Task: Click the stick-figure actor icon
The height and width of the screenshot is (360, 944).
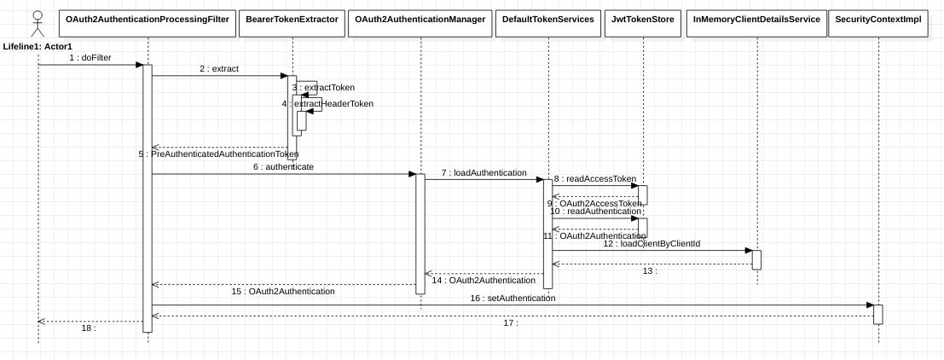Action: coord(37,23)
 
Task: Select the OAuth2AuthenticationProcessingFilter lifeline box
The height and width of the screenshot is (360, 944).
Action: coord(148,19)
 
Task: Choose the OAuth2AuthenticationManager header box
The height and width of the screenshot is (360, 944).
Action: coord(420,19)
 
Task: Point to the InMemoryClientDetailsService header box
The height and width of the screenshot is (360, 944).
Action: coord(756,19)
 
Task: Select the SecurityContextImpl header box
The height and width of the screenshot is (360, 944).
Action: coord(877,19)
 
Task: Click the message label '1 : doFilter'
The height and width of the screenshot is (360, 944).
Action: coord(90,57)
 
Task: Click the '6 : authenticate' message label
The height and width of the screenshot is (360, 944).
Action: coord(283,167)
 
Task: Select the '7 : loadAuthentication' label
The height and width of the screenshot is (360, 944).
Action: coord(484,172)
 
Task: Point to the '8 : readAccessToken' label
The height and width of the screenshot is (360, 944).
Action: coord(594,179)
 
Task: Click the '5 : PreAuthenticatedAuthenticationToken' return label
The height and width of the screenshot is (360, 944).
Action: coord(218,154)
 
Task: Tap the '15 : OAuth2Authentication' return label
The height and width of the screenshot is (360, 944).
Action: coord(283,291)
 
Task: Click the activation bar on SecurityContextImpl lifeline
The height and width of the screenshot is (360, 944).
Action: coord(877,314)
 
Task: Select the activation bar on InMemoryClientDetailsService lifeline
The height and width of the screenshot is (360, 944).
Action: coord(756,259)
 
